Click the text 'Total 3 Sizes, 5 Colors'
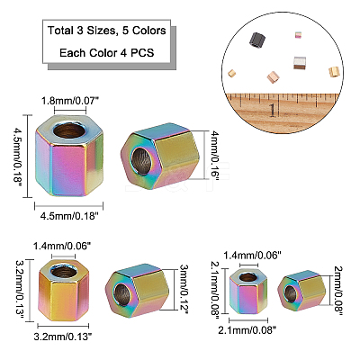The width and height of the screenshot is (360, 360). click(x=107, y=31)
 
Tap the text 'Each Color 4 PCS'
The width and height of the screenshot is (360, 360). click(x=107, y=53)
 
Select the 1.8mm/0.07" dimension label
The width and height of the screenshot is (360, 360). click(x=70, y=101)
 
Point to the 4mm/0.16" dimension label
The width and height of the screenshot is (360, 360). click(x=215, y=156)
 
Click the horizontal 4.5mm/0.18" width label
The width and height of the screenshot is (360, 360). click(x=69, y=215)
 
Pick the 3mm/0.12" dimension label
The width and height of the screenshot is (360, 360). click(x=184, y=289)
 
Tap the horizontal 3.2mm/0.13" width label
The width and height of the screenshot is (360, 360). click(x=62, y=337)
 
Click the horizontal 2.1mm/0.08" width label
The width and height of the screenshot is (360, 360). click(x=247, y=330)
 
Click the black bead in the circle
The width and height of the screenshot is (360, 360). click(x=257, y=40)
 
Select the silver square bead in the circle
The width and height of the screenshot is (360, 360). click(x=301, y=62)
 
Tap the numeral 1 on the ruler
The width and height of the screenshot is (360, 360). click(x=273, y=110)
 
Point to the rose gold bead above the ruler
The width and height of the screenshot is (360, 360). click(x=273, y=76)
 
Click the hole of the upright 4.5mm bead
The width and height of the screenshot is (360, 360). click(x=69, y=130)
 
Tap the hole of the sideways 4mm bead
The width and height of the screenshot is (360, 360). click(x=142, y=161)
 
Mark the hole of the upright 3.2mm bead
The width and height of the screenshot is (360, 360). click(x=63, y=272)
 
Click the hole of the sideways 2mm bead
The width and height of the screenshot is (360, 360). click(x=290, y=293)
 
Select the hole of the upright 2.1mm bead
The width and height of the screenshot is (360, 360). click(x=248, y=276)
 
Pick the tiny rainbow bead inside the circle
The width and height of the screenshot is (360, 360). click(x=299, y=35)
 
